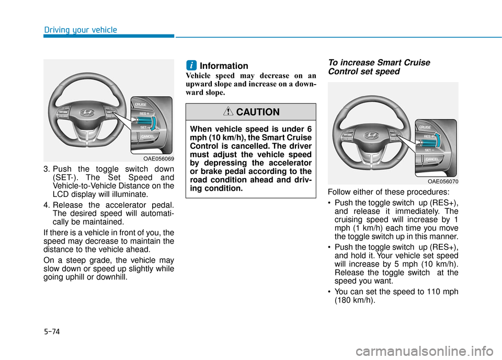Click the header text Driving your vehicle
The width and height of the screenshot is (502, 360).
[80, 30]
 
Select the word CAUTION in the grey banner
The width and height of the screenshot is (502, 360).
[258, 112]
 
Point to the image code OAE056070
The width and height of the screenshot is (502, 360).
[442, 181]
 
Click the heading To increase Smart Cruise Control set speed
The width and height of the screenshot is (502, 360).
[379, 67]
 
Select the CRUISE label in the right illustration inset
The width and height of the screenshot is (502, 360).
[425, 126]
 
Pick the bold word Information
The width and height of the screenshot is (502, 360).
[224, 66]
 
